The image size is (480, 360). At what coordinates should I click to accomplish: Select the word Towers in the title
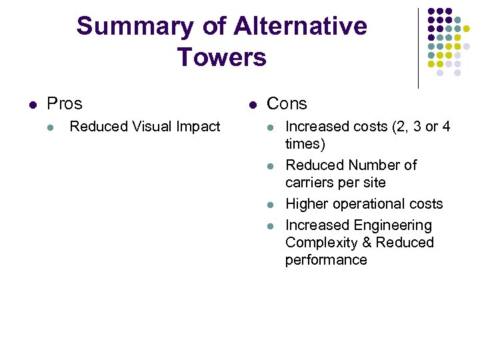click(x=221, y=57)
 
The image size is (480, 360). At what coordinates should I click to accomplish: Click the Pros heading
click(x=65, y=104)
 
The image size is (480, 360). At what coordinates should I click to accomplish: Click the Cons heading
click(x=287, y=104)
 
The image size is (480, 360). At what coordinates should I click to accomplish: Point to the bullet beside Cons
click(x=253, y=105)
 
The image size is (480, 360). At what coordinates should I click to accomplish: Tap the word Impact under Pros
click(x=197, y=127)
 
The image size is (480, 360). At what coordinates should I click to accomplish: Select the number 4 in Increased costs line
click(x=446, y=127)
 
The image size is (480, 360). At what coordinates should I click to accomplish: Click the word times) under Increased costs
click(x=305, y=144)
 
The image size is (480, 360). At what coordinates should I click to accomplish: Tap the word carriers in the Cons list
click(x=309, y=183)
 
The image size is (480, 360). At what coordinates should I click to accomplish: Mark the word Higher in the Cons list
click(x=306, y=204)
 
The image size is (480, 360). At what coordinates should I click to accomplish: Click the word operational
click(x=369, y=204)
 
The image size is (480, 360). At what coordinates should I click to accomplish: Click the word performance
click(x=326, y=260)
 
